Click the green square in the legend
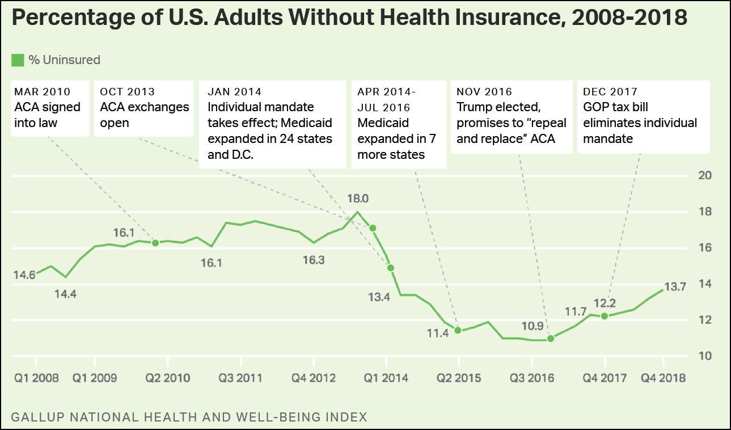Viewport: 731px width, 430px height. click(18, 60)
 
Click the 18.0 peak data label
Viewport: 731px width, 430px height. click(358, 199)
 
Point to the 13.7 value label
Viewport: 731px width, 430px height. click(675, 287)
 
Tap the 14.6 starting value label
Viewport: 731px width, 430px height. click(24, 275)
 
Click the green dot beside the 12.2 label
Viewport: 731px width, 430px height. click(605, 316)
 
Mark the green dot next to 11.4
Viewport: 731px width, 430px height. click(458, 330)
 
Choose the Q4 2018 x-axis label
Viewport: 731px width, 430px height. click(663, 378)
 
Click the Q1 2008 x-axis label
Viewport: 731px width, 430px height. click(36, 378)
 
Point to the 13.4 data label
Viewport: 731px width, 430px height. click(379, 297)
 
